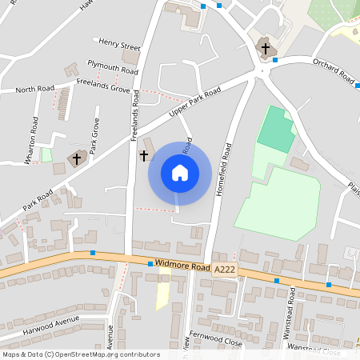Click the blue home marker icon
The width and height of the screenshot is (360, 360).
coord(180,173)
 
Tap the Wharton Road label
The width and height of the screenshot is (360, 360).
coord(32,140)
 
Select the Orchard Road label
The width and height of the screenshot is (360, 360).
coord(334,70)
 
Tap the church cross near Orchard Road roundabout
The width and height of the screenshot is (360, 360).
coord(266,49)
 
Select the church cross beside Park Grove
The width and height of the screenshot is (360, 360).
coord(78,158)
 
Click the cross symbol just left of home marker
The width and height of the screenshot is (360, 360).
coord(144,155)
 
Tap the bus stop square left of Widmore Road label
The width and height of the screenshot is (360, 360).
coord(150,263)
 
